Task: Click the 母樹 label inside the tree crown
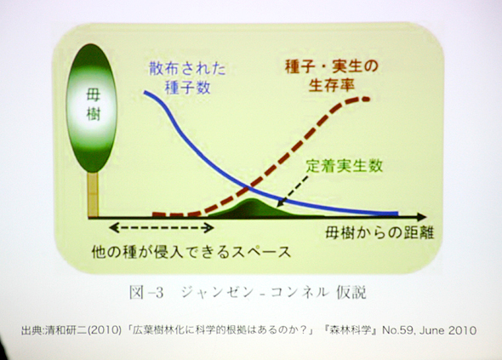click(94, 105)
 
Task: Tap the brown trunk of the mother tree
click(93, 195)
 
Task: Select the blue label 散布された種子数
click(187, 77)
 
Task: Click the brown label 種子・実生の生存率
click(332, 76)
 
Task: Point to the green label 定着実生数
click(345, 166)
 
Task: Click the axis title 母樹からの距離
click(379, 232)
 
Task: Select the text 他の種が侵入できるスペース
click(191, 252)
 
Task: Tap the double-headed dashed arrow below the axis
click(162, 228)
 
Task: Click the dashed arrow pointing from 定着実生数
click(294, 191)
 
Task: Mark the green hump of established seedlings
click(253, 208)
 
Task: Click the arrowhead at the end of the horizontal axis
click(422, 217)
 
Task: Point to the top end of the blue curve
click(145, 92)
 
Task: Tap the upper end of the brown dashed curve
click(368, 100)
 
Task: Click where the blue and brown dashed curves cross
click(248, 188)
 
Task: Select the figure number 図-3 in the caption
click(146, 293)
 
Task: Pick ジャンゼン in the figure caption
click(218, 293)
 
